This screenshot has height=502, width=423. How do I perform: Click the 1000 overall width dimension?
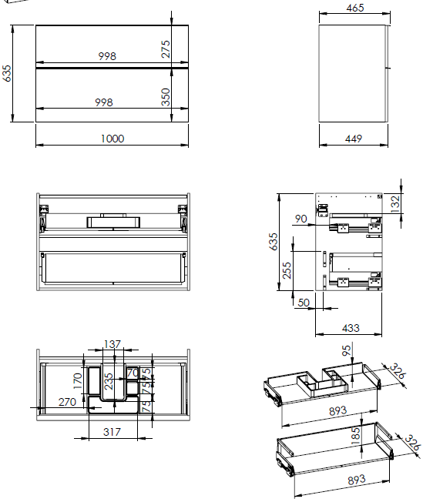[112, 139]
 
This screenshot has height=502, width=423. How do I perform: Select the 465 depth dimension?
[354, 8]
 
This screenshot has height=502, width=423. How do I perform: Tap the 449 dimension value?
[354, 139]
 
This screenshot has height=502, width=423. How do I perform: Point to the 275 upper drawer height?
[166, 49]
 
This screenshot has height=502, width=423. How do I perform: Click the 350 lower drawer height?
[166, 97]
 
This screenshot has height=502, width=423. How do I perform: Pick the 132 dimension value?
[395, 204]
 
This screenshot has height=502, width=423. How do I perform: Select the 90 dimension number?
[301, 219]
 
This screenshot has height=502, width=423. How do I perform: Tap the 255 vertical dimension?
[287, 270]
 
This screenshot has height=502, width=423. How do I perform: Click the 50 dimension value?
[304, 303]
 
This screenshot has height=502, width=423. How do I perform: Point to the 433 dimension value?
[351, 328]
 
